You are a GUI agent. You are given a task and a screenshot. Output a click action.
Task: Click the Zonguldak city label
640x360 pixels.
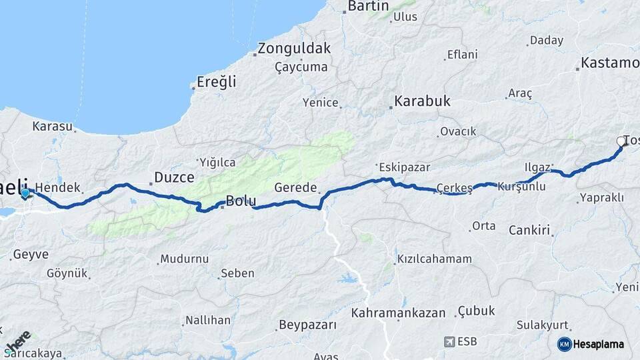point(294,49)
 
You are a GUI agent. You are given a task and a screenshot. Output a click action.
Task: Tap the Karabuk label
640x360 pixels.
point(422,102)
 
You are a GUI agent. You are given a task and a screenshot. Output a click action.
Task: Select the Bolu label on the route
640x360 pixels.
point(241,200)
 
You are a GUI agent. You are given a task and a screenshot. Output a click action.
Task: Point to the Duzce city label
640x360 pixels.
point(174,177)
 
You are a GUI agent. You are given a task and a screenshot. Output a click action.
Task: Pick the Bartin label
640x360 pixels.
point(369,6)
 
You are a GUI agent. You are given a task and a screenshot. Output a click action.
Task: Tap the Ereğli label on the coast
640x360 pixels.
point(217,83)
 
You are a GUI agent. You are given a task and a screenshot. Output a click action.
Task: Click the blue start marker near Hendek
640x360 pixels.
point(25,194)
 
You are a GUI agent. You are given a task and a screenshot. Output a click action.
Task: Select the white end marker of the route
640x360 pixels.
point(621,141)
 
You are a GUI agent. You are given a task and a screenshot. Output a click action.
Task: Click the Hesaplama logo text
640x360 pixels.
point(599,345)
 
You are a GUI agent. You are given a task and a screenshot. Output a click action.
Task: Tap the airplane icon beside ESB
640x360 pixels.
point(450,342)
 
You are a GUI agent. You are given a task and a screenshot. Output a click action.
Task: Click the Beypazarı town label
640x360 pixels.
point(307,325)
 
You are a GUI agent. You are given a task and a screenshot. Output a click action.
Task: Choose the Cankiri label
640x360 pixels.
point(531,231)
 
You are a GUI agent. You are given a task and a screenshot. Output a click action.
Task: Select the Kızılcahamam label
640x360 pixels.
point(434,259)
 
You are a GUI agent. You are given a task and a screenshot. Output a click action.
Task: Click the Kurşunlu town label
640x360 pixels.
point(521,187)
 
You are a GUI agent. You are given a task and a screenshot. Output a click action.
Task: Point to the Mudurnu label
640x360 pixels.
point(184,259)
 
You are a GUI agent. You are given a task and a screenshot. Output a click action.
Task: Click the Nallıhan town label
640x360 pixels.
point(208,321)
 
